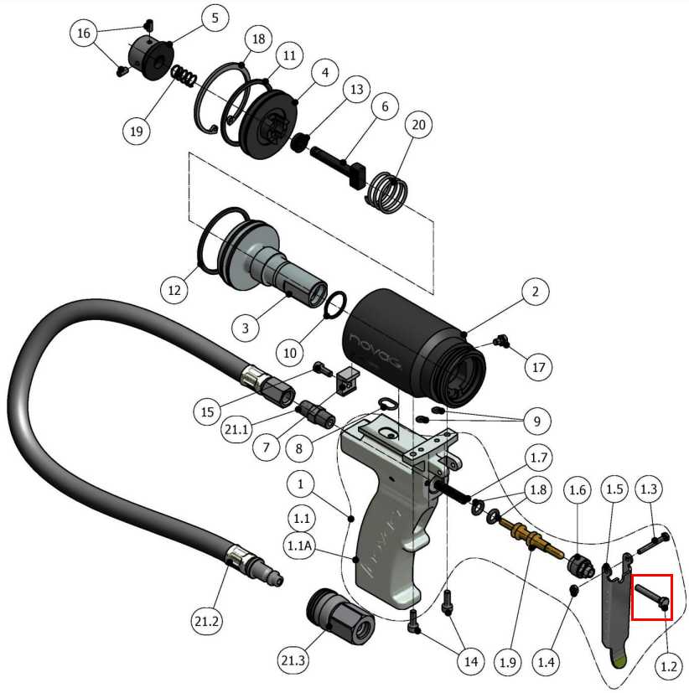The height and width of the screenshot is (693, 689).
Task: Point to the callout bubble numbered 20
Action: pos(419,126)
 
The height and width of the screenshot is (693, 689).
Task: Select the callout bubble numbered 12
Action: pos(174,291)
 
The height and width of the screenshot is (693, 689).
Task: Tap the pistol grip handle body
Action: pos(386,536)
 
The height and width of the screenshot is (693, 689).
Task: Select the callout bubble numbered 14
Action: pos(472,661)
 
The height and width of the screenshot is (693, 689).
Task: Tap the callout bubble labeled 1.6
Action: pos(579,489)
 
